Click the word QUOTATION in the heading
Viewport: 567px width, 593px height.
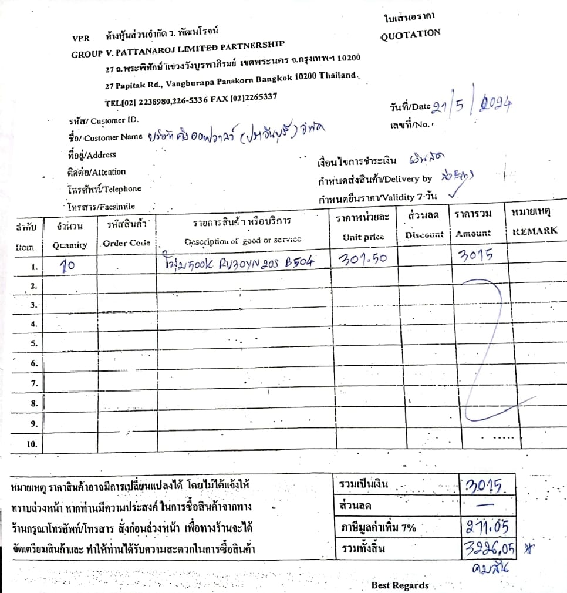tap(410, 34)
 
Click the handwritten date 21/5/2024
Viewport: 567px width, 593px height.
tap(472, 105)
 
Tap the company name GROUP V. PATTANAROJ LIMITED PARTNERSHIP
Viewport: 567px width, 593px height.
tap(178, 49)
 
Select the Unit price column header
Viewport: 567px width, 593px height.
tap(363, 237)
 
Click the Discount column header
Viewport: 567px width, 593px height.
tap(424, 234)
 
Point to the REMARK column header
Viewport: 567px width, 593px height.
tap(535, 231)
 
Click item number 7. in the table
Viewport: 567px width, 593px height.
tap(34, 383)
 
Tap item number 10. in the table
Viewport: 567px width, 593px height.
tap(32, 444)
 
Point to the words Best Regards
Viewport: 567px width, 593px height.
tap(400, 585)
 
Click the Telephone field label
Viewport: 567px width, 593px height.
tap(104, 189)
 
